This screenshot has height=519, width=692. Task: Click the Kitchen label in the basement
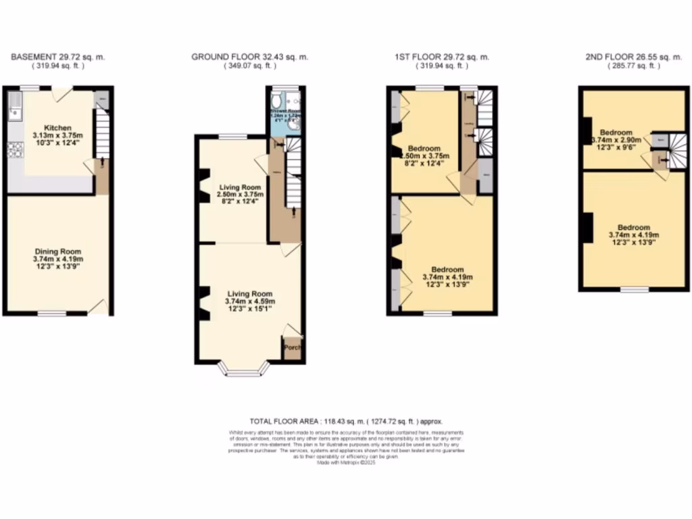click(x=57, y=128)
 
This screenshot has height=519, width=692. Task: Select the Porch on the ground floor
click(x=293, y=347)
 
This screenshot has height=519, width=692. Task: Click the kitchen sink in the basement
click(x=14, y=107)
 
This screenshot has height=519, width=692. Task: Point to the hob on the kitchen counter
click(x=14, y=150)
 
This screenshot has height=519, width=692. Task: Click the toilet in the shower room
click(x=277, y=102)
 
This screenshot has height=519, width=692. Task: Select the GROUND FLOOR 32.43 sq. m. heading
click(x=249, y=57)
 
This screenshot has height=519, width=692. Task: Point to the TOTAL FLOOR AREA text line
click(x=346, y=420)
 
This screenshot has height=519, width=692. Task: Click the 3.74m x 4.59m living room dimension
click(x=249, y=301)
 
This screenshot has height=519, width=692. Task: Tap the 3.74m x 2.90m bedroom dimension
click(x=616, y=141)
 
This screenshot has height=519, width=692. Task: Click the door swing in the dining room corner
click(x=99, y=307)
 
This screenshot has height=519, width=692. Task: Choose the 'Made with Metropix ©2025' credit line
click(x=346, y=462)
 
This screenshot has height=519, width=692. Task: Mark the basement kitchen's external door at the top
click(x=63, y=93)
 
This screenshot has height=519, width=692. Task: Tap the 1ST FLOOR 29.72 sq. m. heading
click(x=442, y=57)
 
